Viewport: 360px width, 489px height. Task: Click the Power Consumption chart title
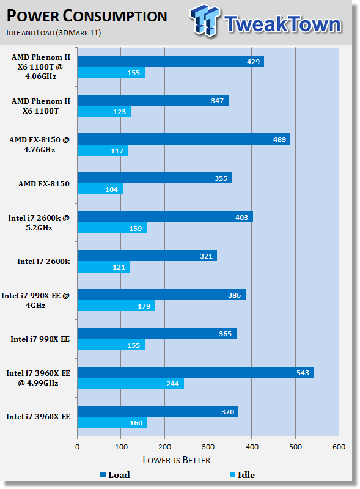pyautogui.click(x=87, y=16)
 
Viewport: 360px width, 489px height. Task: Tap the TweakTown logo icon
pyautogui.click(x=205, y=21)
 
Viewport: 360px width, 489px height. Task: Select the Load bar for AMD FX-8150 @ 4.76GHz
pyautogui.click(x=184, y=139)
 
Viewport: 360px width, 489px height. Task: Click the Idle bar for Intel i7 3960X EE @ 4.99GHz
pyautogui.click(x=130, y=383)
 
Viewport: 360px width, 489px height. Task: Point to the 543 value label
pyautogui.click(x=303, y=373)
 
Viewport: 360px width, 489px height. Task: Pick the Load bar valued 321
pyautogui.click(x=147, y=256)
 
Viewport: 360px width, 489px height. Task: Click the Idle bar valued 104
pyautogui.click(x=100, y=189)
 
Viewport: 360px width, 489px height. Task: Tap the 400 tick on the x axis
pyautogui.click(x=252, y=447)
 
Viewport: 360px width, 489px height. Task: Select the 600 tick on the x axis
pyautogui.click(x=339, y=447)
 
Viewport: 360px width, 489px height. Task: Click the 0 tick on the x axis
pyautogui.click(x=78, y=447)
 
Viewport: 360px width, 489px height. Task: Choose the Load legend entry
pyautogui.click(x=115, y=475)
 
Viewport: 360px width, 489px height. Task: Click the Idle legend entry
pyautogui.click(x=243, y=475)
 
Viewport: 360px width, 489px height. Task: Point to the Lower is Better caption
pyautogui.click(x=176, y=460)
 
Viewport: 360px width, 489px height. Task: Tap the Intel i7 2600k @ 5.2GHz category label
pyautogui.click(x=39, y=222)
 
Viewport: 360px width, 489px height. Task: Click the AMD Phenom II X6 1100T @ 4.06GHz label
pyautogui.click(x=40, y=67)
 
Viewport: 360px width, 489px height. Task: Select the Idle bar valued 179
pyautogui.click(x=116, y=306)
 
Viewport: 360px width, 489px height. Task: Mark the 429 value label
pyautogui.click(x=253, y=62)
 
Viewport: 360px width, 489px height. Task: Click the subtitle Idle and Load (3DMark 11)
pyautogui.click(x=54, y=33)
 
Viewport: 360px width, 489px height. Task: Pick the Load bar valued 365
pyautogui.click(x=157, y=333)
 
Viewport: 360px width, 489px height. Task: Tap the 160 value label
pyautogui.click(x=136, y=422)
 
